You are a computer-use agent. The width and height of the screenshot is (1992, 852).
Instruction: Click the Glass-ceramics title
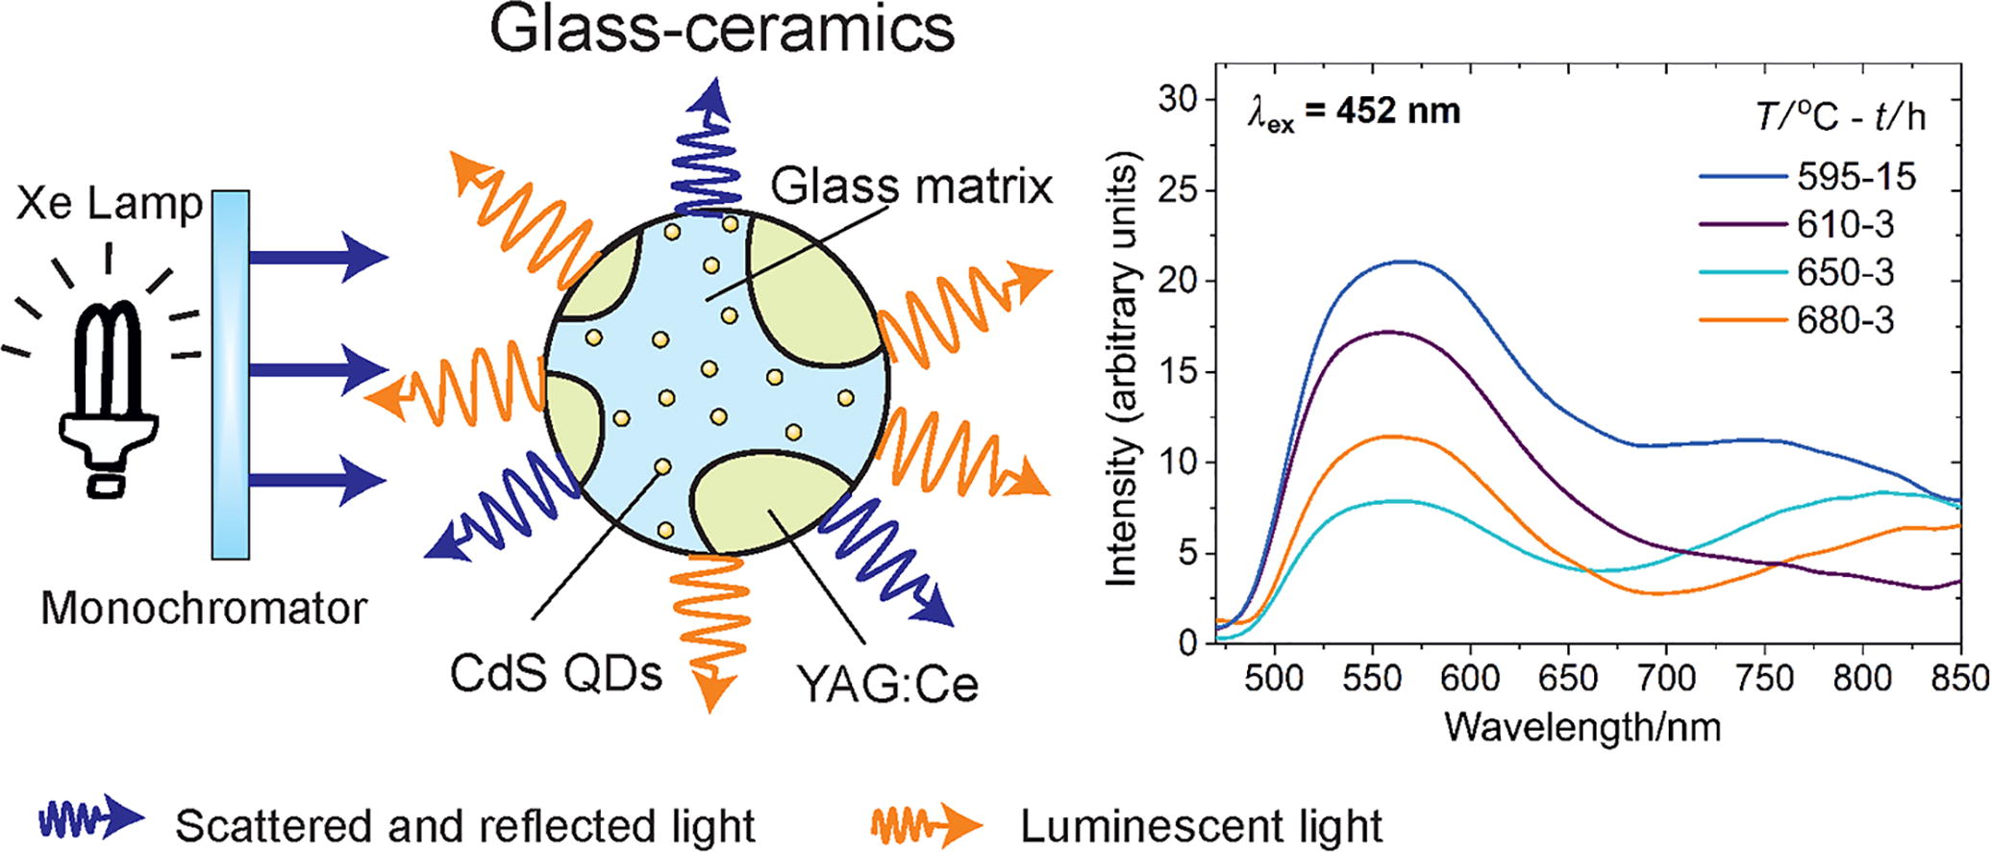(722, 29)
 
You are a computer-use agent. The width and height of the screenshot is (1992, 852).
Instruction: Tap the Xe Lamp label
(109, 205)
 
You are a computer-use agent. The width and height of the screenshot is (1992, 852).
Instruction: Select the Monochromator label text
(204, 609)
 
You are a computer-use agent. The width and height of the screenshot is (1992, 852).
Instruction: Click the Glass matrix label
(912, 188)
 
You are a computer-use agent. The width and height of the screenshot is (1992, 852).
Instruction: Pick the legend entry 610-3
(1845, 225)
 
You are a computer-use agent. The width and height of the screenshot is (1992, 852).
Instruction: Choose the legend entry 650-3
(1845, 273)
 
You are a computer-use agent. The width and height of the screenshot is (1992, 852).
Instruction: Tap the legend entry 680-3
(1845, 320)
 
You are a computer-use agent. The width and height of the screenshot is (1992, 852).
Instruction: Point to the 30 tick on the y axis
(1180, 100)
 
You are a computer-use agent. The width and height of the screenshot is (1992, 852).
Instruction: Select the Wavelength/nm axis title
(1581, 727)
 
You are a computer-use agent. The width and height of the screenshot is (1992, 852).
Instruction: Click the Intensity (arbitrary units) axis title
(1122, 375)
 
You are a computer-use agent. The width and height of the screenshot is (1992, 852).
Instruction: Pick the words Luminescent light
(1201, 825)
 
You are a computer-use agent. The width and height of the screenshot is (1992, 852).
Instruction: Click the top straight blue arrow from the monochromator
(318, 258)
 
